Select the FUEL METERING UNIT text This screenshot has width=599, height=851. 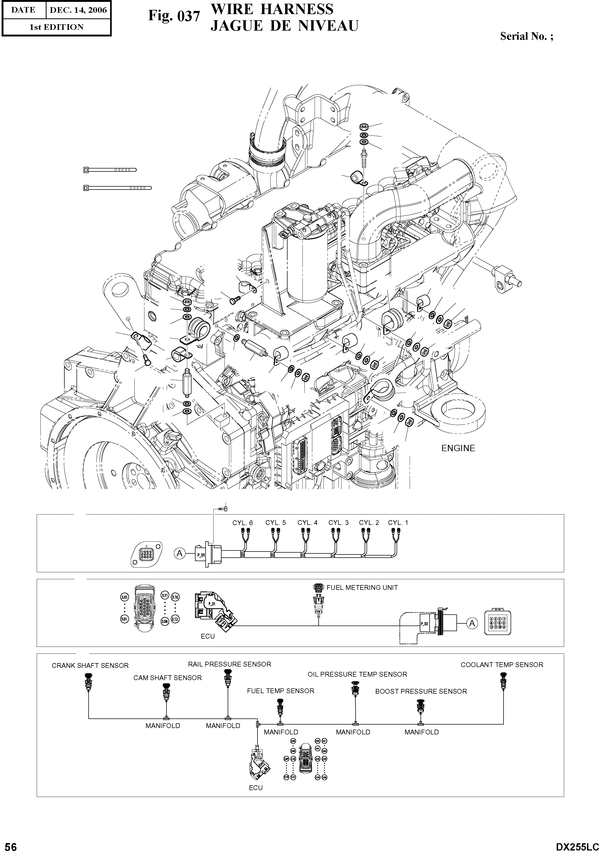(x=362, y=587)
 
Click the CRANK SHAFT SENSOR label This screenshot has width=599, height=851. (x=90, y=666)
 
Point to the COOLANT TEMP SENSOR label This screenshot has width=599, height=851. (x=502, y=665)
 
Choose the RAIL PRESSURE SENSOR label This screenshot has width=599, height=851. (x=229, y=664)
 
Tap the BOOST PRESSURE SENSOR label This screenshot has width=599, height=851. (x=421, y=691)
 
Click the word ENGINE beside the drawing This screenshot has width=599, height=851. (x=458, y=448)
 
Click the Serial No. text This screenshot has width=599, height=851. (x=526, y=36)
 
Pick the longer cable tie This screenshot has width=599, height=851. (x=117, y=188)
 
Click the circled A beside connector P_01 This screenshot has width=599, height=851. (x=180, y=554)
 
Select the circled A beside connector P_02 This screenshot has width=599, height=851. (x=472, y=623)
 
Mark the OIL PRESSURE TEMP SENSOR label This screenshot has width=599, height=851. (x=357, y=674)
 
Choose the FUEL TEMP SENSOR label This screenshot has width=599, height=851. (x=280, y=691)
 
